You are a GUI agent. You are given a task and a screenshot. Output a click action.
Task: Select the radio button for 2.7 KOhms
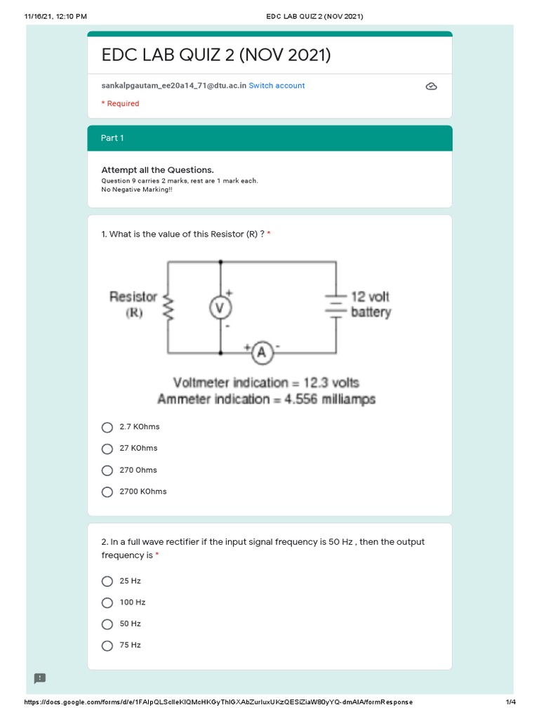[107, 427]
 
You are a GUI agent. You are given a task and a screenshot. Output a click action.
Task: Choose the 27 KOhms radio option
[107, 449]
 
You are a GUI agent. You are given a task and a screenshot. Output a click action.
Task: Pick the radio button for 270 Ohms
[107, 470]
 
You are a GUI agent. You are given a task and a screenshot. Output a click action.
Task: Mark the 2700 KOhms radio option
[107, 492]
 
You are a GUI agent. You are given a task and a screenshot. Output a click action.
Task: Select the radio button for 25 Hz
[107, 581]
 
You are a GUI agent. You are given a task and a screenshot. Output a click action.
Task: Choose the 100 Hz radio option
[107, 602]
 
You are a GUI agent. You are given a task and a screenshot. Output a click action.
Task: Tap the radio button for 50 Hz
[107, 624]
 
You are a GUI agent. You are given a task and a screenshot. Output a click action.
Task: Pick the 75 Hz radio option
[107, 645]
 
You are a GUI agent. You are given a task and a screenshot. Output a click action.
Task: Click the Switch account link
[277, 86]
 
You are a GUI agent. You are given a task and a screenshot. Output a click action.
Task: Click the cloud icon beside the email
[432, 86]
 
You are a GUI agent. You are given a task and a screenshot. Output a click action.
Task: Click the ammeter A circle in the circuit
[262, 353]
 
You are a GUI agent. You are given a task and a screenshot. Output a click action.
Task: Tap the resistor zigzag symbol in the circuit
[167, 306]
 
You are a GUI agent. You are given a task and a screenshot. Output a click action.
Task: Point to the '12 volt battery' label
[371, 305]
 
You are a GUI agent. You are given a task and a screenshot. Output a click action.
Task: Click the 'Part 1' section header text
[112, 138]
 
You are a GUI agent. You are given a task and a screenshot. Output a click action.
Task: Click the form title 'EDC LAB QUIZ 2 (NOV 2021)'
[216, 55]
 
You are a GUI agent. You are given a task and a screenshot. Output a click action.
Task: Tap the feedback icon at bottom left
[40, 678]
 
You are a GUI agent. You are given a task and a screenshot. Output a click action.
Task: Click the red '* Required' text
[120, 104]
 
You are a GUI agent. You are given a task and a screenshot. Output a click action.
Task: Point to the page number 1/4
[510, 702]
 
